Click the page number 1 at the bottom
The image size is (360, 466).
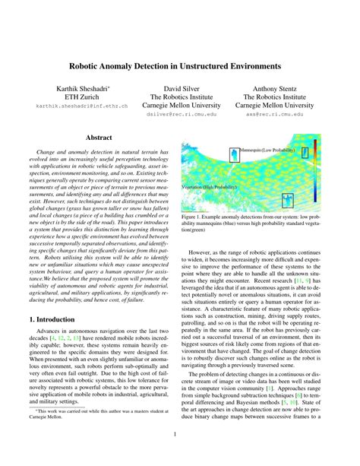pyautogui.click(x=180, y=435)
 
